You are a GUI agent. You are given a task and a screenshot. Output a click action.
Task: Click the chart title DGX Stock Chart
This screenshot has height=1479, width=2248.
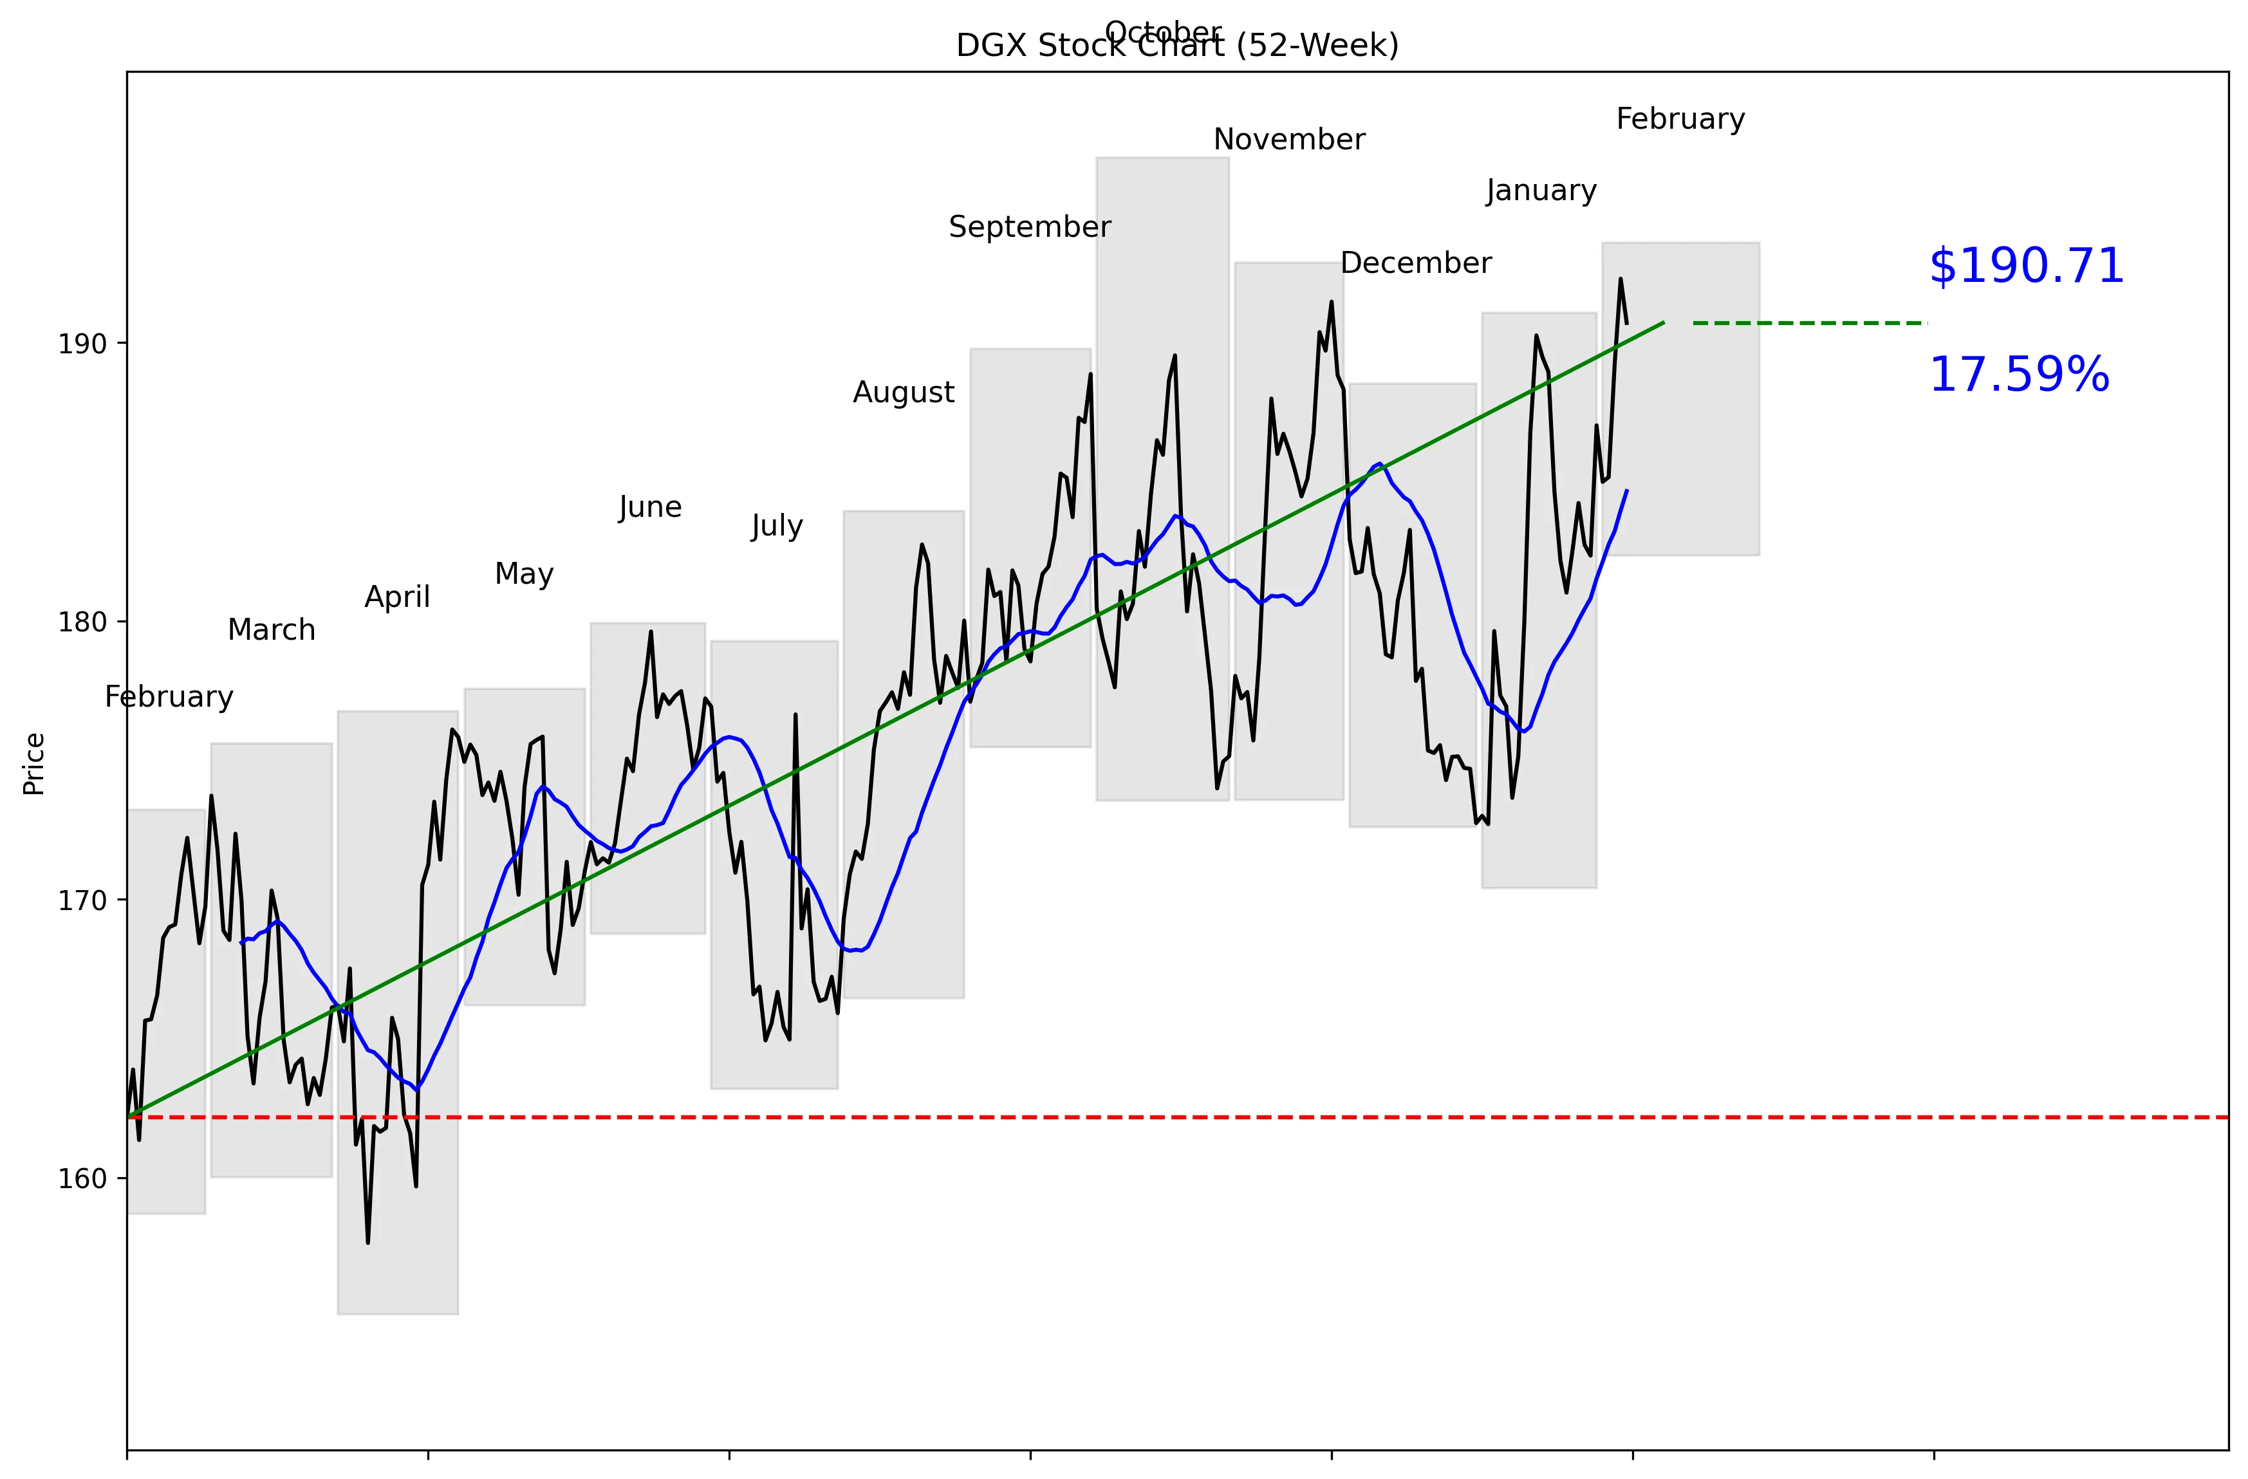pos(1177,45)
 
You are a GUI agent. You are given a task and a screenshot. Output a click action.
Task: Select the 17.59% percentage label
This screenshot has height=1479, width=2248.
pos(2018,375)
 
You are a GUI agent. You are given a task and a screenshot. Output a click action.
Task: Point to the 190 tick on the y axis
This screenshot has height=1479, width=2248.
pos(82,344)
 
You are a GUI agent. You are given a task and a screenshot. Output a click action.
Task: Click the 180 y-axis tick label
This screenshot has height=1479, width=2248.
pos(82,622)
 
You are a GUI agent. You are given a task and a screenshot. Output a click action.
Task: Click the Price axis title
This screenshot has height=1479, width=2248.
pos(34,764)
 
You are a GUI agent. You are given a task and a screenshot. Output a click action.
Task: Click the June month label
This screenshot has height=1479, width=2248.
pos(650,507)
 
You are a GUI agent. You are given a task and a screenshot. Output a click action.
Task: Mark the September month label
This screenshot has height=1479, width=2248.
pos(1030,227)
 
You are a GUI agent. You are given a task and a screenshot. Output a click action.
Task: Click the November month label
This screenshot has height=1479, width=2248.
pos(1288,140)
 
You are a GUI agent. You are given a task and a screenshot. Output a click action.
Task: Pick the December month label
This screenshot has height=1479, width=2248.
pos(1415,263)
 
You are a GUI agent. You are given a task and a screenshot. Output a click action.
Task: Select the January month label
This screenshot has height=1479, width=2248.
pos(1541,191)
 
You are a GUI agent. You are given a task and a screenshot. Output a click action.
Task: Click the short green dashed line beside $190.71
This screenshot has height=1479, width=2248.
pos(1809,323)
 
